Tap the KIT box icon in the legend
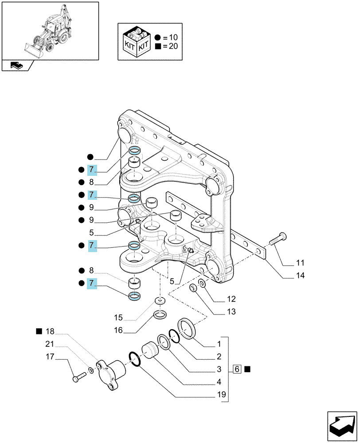tap(137, 42)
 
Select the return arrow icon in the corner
tap(342, 426)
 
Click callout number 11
tap(300, 263)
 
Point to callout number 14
tap(300, 275)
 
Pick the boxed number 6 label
tap(237, 369)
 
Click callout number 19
tap(221, 394)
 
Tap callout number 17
tap(50, 357)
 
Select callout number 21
tap(50, 344)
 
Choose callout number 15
tap(118, 318)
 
